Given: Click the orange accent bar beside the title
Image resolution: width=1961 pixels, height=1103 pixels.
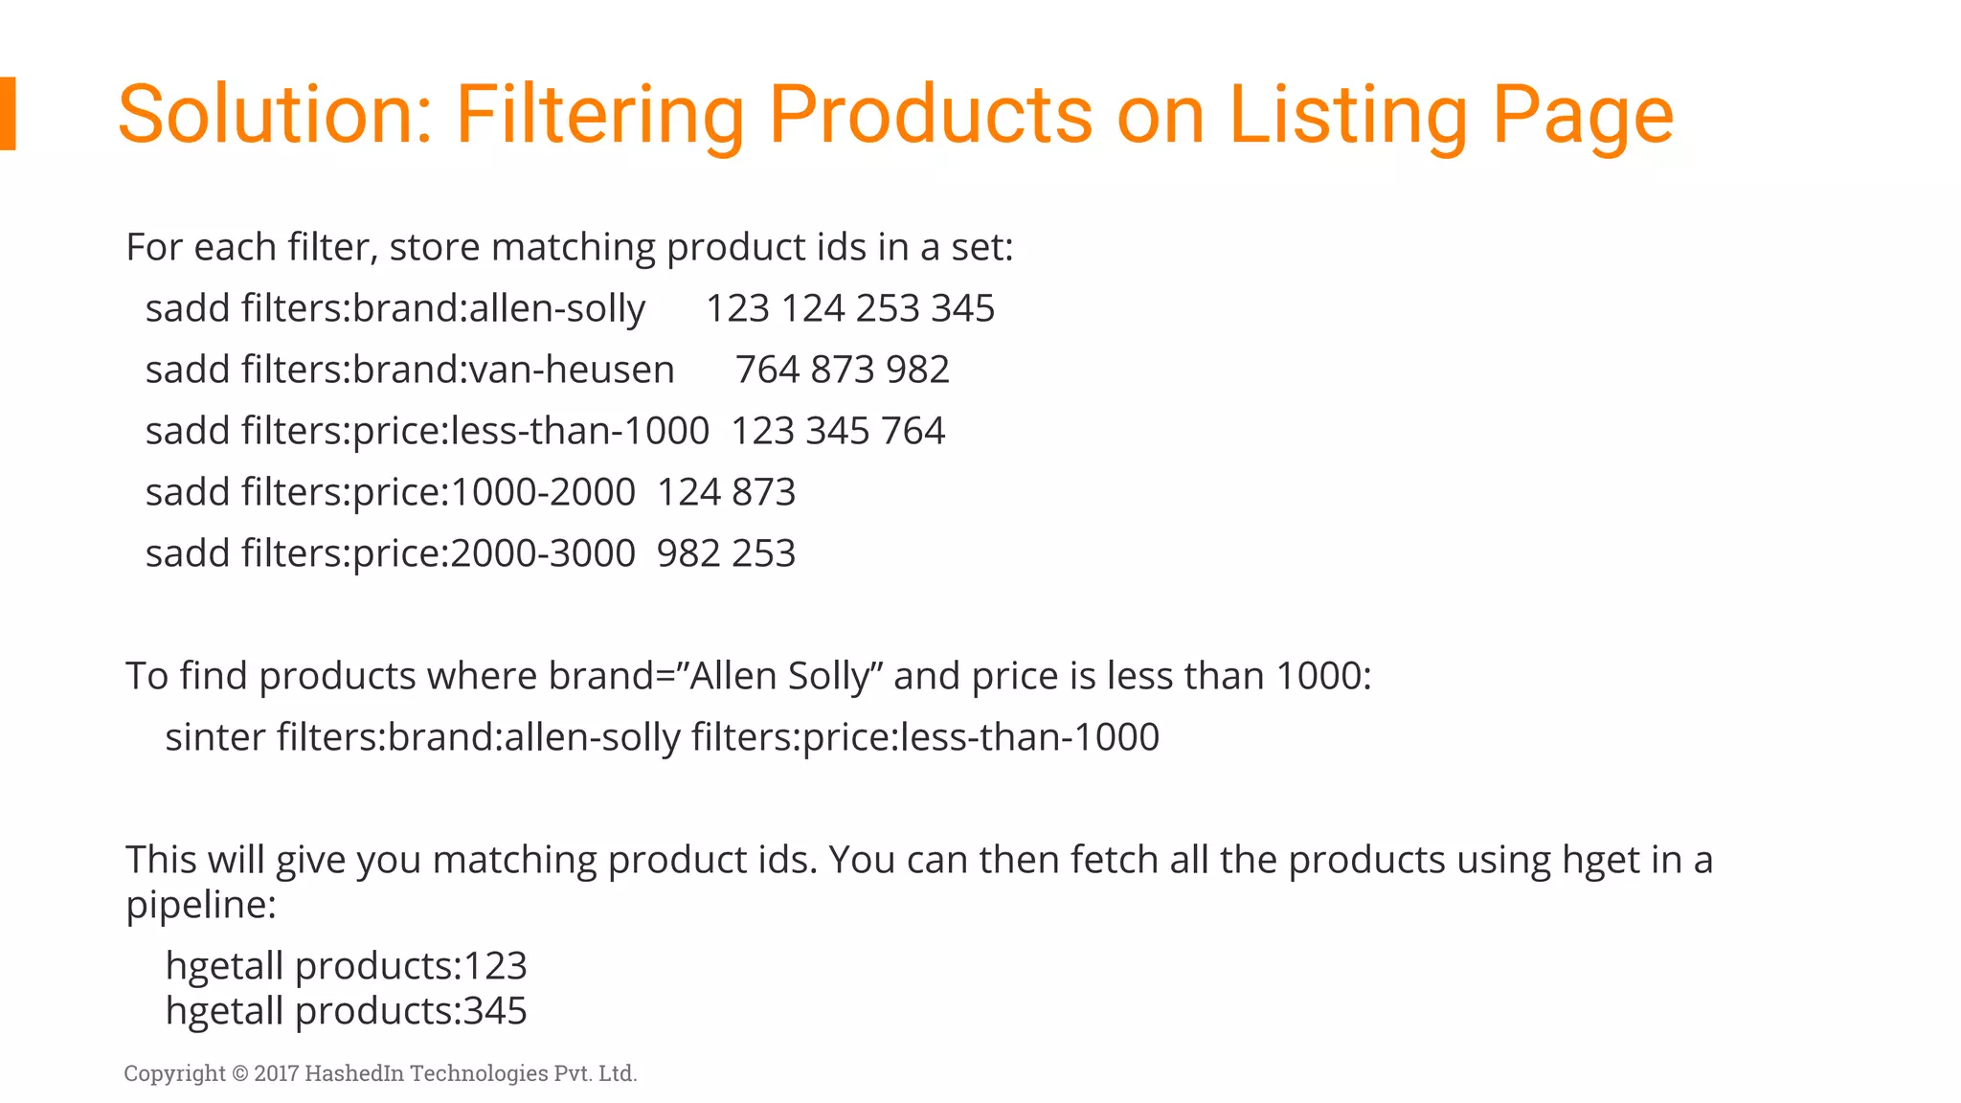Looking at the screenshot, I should click(x=8, y=113).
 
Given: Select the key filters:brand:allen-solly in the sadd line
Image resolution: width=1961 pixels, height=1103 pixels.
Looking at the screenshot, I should click(x=443, y=309).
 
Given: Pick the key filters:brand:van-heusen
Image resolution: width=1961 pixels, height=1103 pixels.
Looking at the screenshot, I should click(x=458, y=371).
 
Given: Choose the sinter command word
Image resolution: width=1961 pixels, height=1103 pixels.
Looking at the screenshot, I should click(x=214, y=737).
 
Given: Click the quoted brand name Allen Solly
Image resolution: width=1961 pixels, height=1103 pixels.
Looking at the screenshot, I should click(x=778, y=676).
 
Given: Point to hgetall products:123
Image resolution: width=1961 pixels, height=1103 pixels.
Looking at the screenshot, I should click(x=346, y=966).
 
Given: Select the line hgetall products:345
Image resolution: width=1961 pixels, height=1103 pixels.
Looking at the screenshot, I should click(x=346, y=1011).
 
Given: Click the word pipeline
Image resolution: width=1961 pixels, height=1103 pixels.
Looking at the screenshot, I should click(x=200, y=905).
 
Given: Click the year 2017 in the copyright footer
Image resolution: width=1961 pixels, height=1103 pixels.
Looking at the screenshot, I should click(x=277, y=1073).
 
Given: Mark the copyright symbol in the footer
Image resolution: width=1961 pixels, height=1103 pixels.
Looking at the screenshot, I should click(x=239, y=1073).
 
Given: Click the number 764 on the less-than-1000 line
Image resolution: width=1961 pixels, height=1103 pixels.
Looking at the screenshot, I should click(x=913, y=432).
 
